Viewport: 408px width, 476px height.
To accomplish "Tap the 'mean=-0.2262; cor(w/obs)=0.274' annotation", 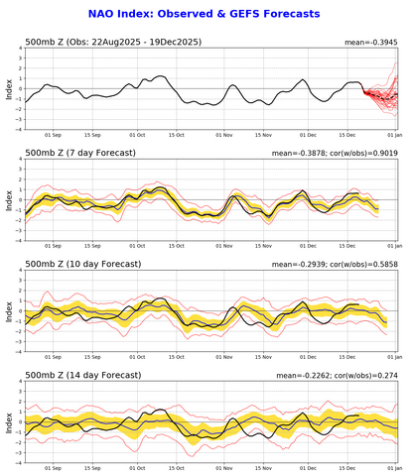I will point(328,373).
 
